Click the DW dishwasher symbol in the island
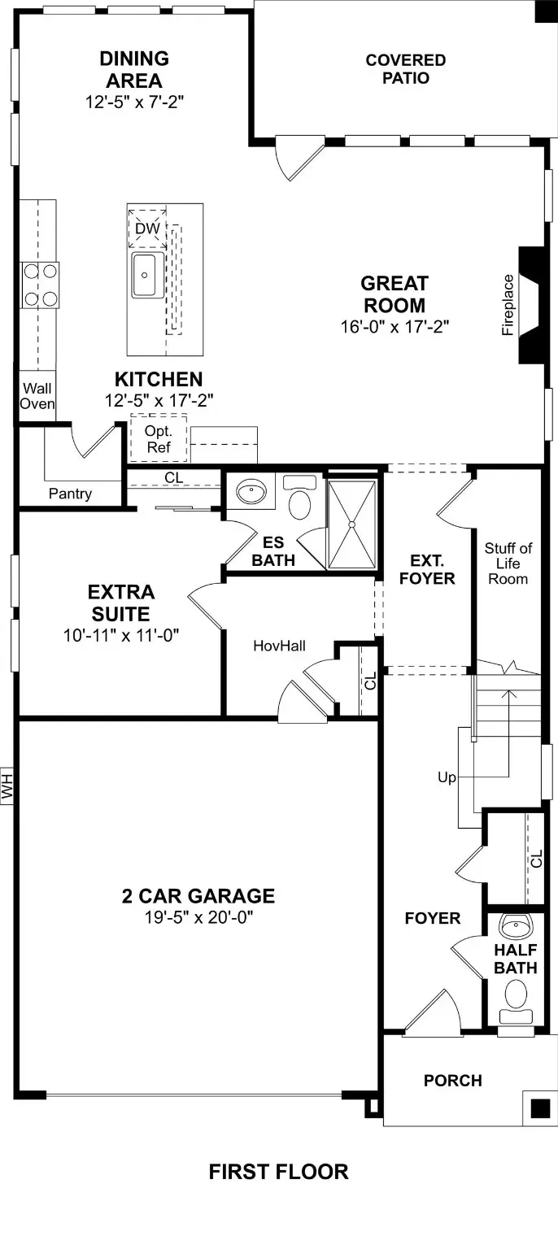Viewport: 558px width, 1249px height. click(x=147, y=228)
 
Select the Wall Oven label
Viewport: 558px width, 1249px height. click(x=37, y=396)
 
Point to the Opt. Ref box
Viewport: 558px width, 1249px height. click(x=158, y=439)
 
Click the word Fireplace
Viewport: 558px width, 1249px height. click(x=508, y=305)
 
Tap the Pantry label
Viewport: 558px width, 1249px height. click(x=70, y=494)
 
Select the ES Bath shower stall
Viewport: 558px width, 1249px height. click(x=352, y=524)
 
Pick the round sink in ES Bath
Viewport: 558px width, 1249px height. click(x=251, y=491)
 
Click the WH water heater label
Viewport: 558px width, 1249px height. click(x=8, y=786)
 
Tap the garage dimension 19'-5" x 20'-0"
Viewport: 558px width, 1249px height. click(x=198, y=917)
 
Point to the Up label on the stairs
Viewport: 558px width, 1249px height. click(x=447, y=777)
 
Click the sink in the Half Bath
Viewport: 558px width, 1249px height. click(x=514, y=925)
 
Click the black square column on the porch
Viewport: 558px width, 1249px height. click(x=540, y=1108)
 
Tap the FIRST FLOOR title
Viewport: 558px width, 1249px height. click(x=278, y=1172)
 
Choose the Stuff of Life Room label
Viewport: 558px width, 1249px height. click(x=508, y=564)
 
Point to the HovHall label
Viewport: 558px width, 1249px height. click(x=279, y=646)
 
